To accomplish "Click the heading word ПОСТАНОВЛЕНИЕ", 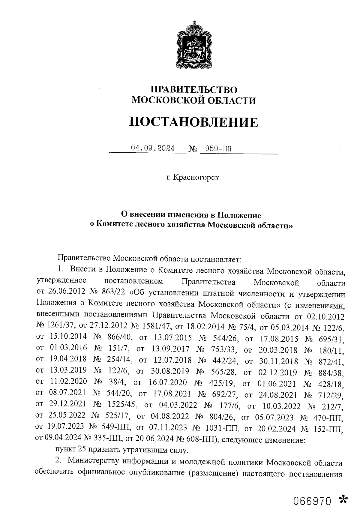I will tap(193, 122).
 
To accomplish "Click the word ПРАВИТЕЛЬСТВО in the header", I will tap(194, 89).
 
